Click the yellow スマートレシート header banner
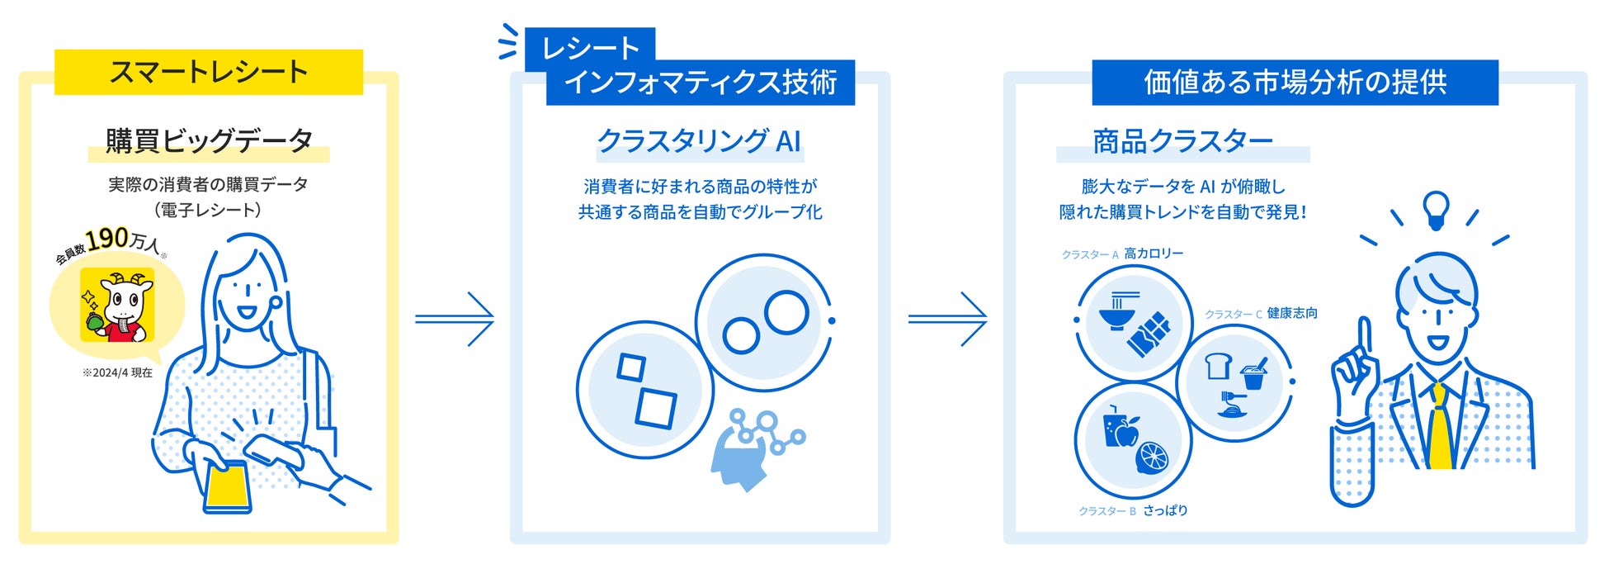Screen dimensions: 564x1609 coord(209,72)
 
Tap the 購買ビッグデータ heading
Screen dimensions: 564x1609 coord(209,141)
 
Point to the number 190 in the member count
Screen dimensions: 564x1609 coord(107,239)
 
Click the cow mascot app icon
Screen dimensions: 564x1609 coord(117,305)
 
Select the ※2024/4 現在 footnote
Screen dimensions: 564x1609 coord(117,373)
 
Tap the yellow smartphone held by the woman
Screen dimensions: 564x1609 coord(227,487)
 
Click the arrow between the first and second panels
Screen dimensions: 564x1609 coord(455,318)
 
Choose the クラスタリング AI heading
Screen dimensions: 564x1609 coord(699,141)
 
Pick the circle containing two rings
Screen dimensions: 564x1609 coord(764,322)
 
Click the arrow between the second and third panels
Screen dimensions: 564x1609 coord(948,318)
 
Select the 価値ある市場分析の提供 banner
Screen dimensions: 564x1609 coord(1295,83)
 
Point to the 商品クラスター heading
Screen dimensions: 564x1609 coord(1182,142)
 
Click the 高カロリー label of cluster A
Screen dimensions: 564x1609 coord(1154,254)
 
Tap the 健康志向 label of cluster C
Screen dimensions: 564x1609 coord(1292,313)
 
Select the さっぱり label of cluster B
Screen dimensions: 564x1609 coord(1165,510)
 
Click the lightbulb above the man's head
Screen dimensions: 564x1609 coord(1437,209)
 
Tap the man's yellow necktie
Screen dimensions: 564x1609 coord(1440,429)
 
